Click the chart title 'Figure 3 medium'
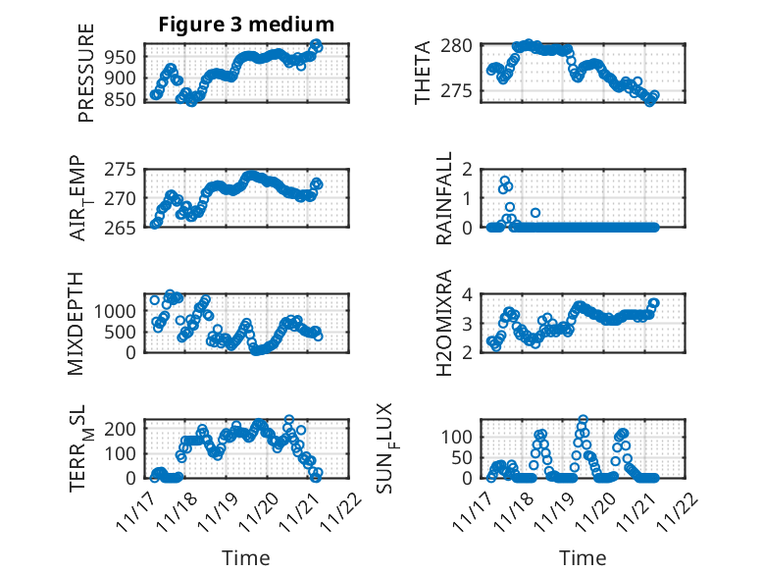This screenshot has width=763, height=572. pos(246,25)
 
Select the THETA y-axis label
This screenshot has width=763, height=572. pos(423,72)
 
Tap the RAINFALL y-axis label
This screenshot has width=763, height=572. pos(444,197)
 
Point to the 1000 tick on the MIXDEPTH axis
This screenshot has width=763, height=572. pos(121,310)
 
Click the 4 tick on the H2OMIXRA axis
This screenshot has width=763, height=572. pos(468,294)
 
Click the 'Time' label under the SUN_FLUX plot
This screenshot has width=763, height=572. pos(583,557)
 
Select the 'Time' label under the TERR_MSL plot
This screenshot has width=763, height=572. pos(246,557)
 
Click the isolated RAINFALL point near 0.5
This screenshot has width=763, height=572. pos(535,212)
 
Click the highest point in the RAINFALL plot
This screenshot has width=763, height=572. pos(505,181)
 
